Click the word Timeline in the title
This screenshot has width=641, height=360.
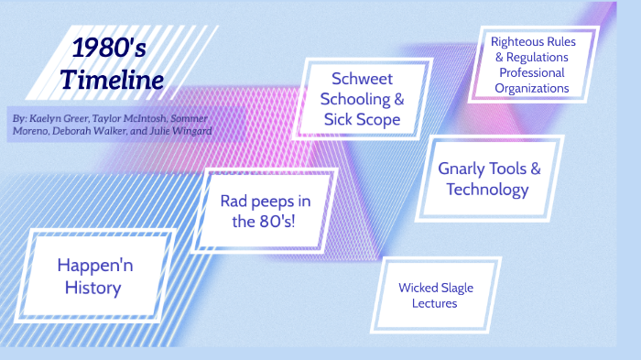click(113, 80)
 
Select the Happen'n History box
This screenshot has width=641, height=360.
click(102, 276)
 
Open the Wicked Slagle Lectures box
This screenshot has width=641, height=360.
click(436, 295)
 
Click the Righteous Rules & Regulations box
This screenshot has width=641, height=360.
click(530, 65)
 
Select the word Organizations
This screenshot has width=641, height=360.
click(531, 89)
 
